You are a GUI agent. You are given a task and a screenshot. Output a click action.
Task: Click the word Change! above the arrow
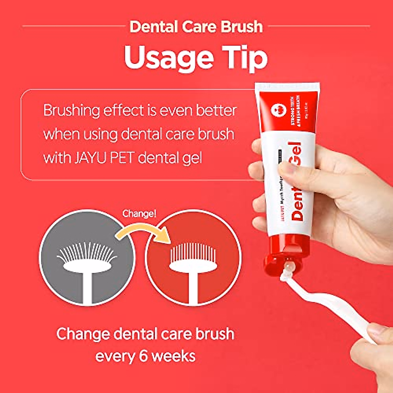pos(139,214)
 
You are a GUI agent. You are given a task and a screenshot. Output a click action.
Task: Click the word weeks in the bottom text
pos(173,356)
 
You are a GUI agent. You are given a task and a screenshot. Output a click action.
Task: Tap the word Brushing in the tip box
pos(71,111)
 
